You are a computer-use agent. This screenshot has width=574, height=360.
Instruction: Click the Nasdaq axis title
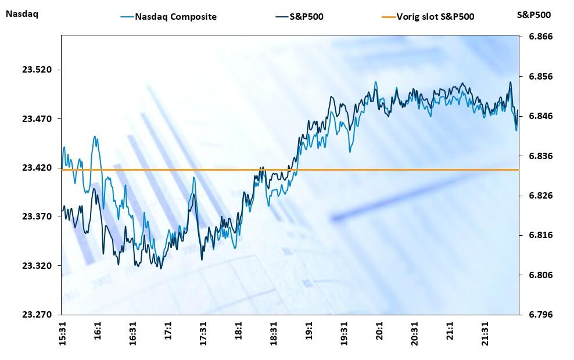coord(21,15)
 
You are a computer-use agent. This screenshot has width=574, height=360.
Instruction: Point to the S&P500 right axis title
coord(534,15)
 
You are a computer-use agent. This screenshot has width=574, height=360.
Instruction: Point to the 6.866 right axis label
coord(540,37)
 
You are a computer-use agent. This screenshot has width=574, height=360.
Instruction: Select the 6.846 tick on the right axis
coord(540,116)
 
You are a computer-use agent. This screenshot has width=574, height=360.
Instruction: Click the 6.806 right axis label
coord(540,275)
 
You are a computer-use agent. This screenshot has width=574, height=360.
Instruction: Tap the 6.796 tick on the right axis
coord(540,315)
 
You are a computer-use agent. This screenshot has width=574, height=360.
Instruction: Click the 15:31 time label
coord(63,336)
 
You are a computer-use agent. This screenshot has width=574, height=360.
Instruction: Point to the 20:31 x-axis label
coord(415,336)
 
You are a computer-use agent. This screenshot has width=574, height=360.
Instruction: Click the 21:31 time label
coord(485,336)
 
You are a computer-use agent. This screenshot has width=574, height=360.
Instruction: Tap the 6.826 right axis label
coord(540,196)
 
